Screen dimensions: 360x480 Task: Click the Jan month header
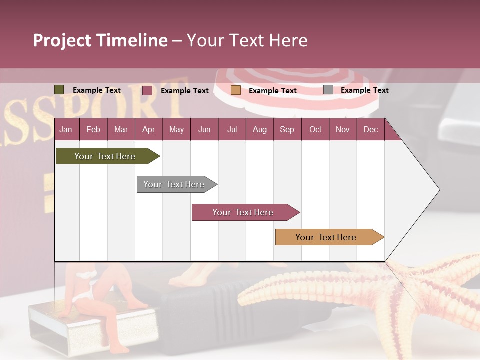point(66,129)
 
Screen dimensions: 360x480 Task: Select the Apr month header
point(148,129)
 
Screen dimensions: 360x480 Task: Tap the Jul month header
point(232,129)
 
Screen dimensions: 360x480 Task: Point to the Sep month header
point(287,129)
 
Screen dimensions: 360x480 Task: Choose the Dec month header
point(370,129)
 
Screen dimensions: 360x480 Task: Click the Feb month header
point(93,129)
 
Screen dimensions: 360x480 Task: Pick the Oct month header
point(315,129)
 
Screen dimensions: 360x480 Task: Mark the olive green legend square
point(59,90)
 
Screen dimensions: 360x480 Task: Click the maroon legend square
point(147,90)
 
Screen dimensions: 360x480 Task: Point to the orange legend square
point(236,90)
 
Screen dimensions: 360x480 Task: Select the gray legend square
point(328,90)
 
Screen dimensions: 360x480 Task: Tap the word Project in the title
point(61,40)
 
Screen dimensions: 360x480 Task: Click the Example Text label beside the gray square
point(364,90)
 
